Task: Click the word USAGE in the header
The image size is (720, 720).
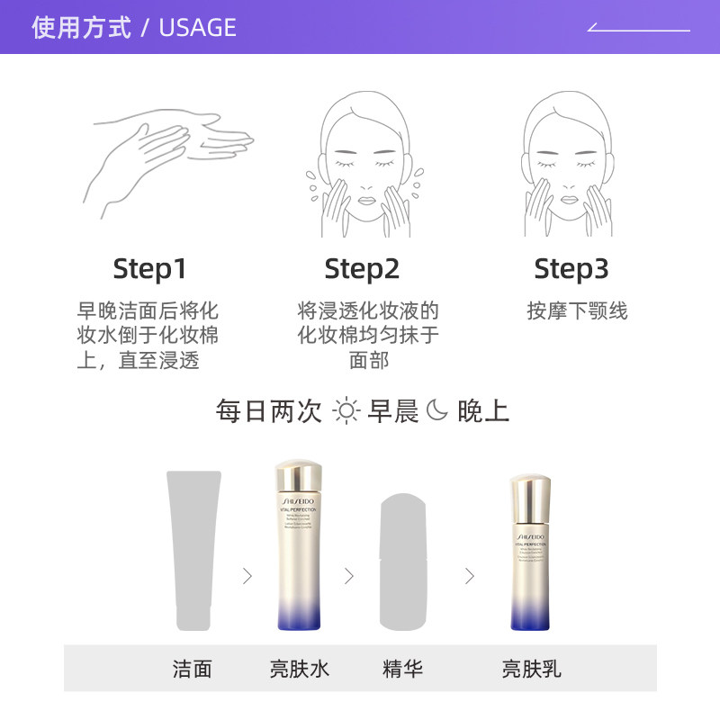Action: (197, 27)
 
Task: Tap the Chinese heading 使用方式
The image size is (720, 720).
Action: (81, 27)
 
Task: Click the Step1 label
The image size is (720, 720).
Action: (149, 269)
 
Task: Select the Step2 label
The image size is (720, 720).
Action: (362, 269)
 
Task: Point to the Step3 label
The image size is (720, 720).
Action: (571, 269)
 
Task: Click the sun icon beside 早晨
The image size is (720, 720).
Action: (346, 411)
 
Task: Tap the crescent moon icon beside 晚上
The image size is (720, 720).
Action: (436, 411)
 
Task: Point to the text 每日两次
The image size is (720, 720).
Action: (269, 411)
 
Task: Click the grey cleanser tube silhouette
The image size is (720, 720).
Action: (193, 549)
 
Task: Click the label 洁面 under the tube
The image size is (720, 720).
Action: (193, 669)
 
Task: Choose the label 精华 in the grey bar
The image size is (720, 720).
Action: (402, 669)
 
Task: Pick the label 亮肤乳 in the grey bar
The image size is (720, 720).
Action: (531, 669)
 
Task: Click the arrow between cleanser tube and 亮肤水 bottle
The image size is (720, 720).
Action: (247, 576)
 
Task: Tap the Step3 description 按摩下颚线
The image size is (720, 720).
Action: (577, 311)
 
